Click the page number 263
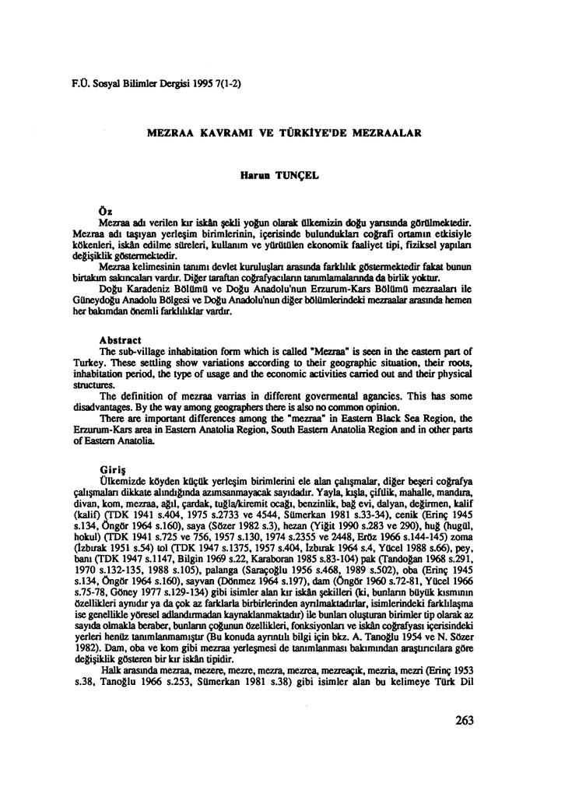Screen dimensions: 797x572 [463, 721]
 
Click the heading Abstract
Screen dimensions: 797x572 [121, 340]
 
